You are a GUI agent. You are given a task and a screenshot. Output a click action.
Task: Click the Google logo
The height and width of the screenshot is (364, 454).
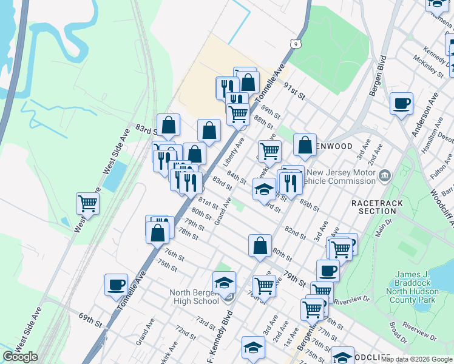pos(21,357)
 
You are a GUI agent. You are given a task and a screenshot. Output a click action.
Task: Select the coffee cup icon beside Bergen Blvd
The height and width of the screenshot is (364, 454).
pos(401,104)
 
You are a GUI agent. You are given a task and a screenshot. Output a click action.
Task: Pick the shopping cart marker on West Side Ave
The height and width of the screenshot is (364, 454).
pos(88,204)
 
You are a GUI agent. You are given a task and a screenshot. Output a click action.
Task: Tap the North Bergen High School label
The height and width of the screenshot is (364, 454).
pos(194,297)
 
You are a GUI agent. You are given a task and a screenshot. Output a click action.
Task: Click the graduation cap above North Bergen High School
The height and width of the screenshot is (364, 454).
pos(224,283)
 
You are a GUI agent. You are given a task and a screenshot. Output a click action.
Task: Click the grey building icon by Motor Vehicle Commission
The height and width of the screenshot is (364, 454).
pos(384,177)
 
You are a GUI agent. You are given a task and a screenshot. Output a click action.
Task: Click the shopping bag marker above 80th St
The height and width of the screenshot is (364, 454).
pos(260,246)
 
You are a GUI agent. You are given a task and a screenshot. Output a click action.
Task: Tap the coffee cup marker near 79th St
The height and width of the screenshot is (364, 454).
pos(328,271)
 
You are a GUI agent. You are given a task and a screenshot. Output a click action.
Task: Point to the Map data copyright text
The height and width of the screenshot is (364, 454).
pos(417,359)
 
